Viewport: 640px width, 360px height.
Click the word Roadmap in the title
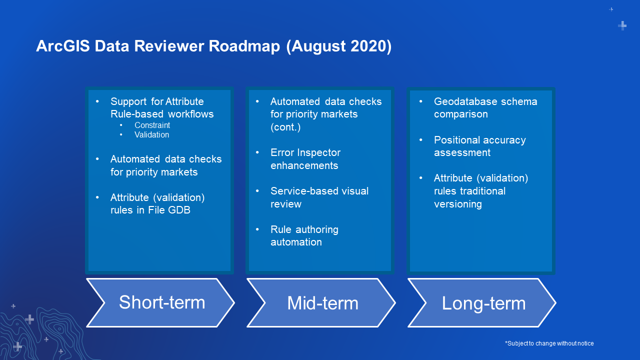tap(244, 46)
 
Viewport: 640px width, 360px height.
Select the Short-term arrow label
tap(162, 302)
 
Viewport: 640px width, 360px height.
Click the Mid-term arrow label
tap(322, 303)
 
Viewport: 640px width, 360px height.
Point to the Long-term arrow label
tap(483, 303)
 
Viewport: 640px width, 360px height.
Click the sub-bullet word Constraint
tap(152, 125)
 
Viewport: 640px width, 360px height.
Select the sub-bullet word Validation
tap(151, 134)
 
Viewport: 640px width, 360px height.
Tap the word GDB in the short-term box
tap(179, 210)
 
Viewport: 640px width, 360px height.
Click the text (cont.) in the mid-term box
tap(285, 127)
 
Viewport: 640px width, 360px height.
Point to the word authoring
tap(317, 229)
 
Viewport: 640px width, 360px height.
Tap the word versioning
tap(457, 204)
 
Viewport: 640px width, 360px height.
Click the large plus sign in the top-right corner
tap(622, 25)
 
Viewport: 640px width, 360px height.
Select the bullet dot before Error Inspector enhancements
tap(257, 152)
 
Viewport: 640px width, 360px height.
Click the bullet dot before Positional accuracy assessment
tap(421, 140)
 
